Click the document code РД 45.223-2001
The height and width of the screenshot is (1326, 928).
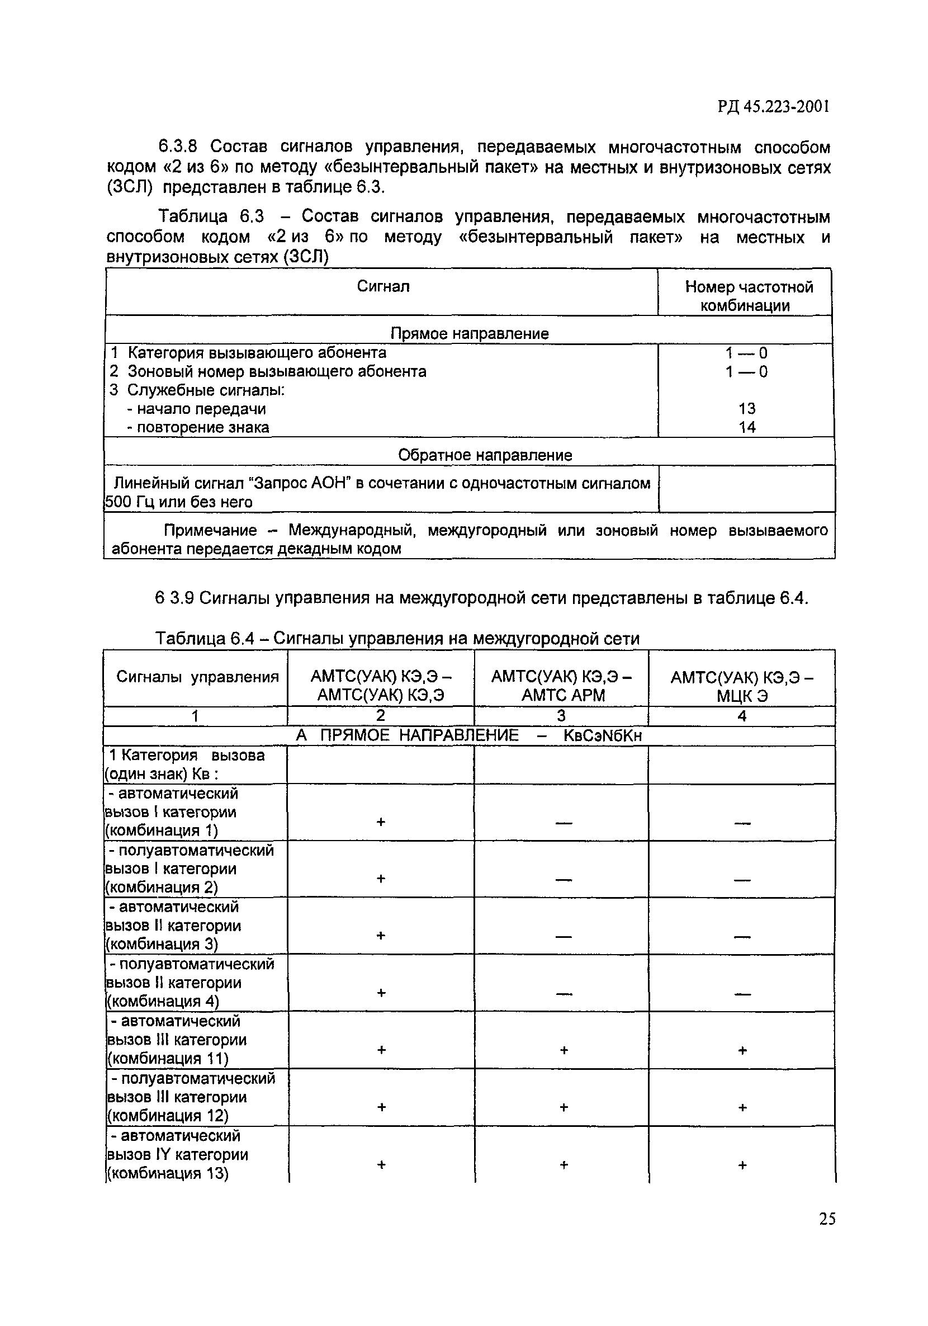coord(773,107)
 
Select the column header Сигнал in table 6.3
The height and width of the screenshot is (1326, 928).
coord(383,286)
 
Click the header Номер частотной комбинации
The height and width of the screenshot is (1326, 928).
coord(749,296)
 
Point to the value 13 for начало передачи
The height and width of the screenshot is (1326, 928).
coord(747,409)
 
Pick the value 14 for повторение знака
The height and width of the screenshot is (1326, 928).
coord(747,427)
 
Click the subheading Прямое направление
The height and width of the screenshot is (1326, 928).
coord(469,333)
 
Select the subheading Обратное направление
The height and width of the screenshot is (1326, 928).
coord(485,455)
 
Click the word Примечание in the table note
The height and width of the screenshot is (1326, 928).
coord(210,530)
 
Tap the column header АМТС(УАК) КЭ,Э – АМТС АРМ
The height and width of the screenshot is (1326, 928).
coord(561,686)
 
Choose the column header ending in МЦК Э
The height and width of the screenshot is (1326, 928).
coord(741,686)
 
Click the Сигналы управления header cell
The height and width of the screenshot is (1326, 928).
coord(197,677)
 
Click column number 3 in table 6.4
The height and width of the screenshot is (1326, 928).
coord(561,716)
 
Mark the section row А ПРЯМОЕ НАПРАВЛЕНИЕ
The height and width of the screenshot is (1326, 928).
coord(468,736)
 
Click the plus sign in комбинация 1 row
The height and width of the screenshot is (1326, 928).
coord(381,821)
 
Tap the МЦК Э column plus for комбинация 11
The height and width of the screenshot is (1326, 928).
coord(742,1050)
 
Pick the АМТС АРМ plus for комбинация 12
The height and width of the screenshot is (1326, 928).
coord(564,1107)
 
